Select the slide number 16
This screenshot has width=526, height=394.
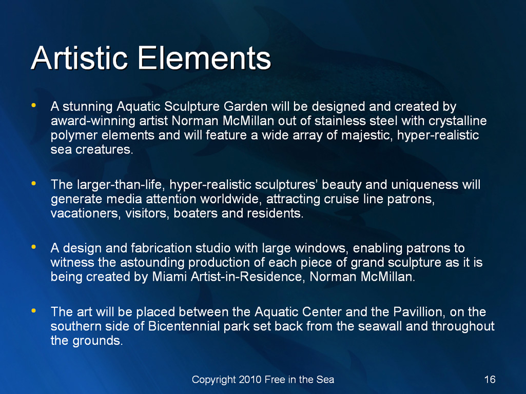tap(490, 379)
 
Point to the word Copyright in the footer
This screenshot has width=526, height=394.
tap(214, 380)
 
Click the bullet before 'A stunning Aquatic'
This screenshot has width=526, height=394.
tap(33, 105)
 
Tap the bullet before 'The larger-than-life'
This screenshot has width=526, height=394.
tap(33, 184)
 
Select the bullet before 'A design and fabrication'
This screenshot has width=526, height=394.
tap(33, 247)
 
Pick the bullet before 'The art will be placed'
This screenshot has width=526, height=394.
tap(33, 311)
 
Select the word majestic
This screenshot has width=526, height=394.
tap(367, 135)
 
